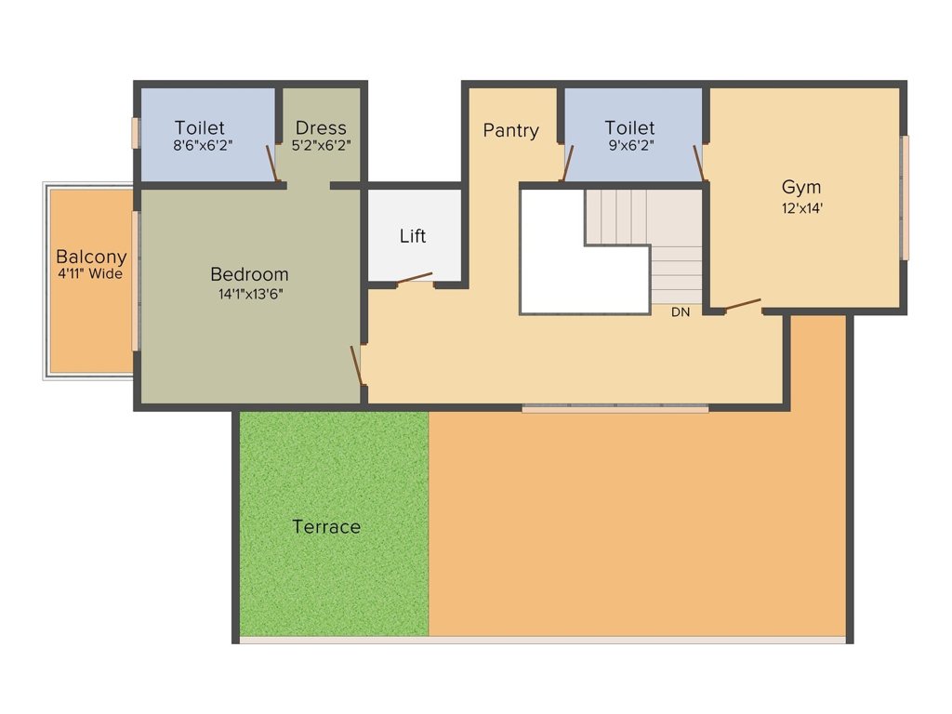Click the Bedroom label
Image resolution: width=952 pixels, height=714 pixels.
249,274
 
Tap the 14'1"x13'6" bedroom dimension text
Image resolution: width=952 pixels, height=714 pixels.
249,294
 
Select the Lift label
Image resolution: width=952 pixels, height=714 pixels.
413,236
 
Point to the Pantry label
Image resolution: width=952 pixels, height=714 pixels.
510,130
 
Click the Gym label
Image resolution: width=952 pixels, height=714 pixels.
800,187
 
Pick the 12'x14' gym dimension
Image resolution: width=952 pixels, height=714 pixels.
801,208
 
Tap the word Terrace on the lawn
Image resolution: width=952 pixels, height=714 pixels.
326,527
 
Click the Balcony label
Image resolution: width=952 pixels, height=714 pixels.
91,257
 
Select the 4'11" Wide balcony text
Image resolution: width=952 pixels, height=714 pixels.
91,274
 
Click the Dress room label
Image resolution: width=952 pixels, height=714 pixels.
321,128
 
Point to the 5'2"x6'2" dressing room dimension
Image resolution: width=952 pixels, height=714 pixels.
321,145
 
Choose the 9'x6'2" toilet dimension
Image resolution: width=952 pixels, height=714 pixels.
629,145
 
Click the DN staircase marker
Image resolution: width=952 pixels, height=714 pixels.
681,312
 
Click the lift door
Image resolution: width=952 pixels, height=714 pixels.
415,279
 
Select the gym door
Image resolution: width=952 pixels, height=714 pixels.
742,304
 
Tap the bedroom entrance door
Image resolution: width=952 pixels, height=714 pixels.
356,364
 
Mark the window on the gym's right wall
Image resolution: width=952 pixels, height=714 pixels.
904,197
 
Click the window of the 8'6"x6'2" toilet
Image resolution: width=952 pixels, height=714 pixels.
136,132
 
